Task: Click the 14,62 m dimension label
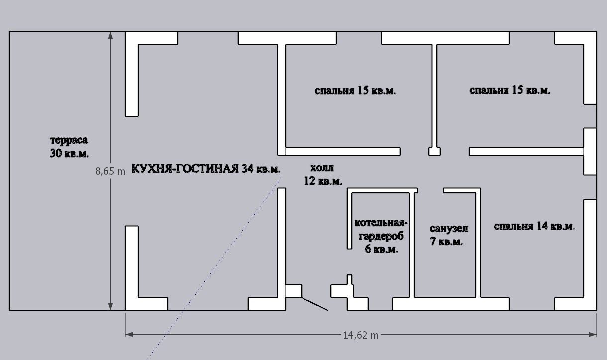click(x=360, y=335)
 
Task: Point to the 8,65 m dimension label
click(x=110, y=171)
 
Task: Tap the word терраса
click(x=69, y=140)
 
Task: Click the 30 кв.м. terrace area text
click(x=69, y=153)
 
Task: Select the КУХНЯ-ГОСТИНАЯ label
click(x=185, y=169)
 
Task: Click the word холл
click(x=322, y=168)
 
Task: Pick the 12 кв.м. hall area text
click(x=323, y=181)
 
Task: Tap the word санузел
click(x=449, y=229)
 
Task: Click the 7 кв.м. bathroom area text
click(x=446, y=241)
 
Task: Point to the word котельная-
click(x=381, y=223)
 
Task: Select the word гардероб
click(x=381, y=236)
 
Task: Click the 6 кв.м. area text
click(x=381, y=249)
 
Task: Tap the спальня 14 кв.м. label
click(x=534, y=226)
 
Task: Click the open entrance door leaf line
click(x=314, y=304)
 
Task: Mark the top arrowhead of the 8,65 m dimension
click(x=110, y=35)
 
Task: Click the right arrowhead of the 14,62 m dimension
click(x=593, y=335)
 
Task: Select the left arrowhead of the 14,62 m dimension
click(x=129, y=335)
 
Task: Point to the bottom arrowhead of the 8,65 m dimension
click(x=110, y=307)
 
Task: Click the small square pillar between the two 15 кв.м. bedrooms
click(x=434, y=152)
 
